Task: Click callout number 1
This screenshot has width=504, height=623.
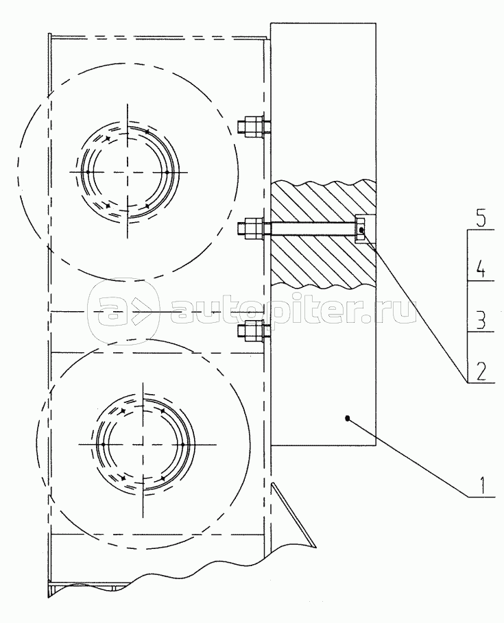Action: click(x=482, y=485)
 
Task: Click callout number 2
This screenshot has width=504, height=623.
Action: click(x=481, y=371)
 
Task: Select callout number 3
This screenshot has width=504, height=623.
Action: click(x=481, y=320)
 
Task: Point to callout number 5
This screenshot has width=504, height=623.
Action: click(x=481, y=219)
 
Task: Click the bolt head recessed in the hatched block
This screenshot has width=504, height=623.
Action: click(x=360, y=229)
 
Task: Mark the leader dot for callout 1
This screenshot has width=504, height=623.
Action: click(x=347, y=418)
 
